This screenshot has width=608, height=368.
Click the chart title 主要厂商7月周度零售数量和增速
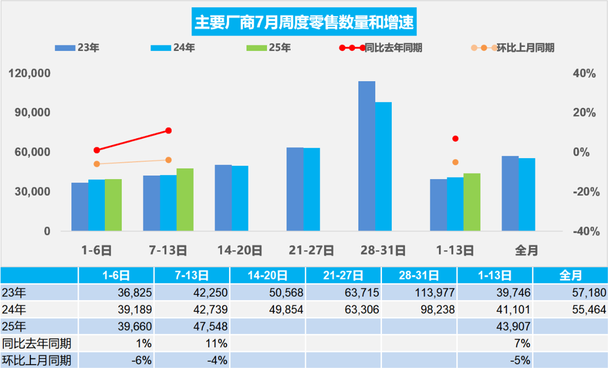pyautogui.click(x=304, y=22)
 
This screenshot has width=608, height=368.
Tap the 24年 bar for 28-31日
pyautogui.click(x=383, y=166)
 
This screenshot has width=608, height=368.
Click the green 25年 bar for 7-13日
pyautogui.click(x=185, y=199)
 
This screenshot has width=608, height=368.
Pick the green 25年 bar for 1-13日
pyautogui.click(x=472, y=202)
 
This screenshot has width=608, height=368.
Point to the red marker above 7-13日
pyautogui.click(x=169, y=131)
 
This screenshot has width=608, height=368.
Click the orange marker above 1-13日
pyautogui.click(x=456, y=162)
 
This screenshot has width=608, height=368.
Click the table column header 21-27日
pyautogui.click(x=343, y=275)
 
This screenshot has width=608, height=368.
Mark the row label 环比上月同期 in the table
pyautogui.click(x=36, y=360)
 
